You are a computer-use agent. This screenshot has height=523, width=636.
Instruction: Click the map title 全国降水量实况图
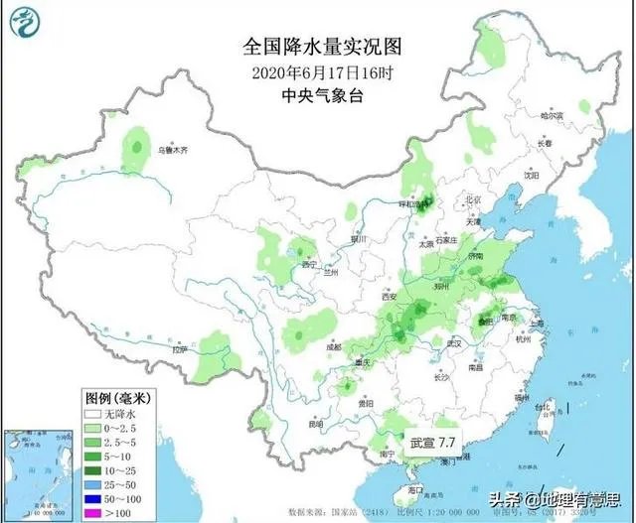tap(317, 47)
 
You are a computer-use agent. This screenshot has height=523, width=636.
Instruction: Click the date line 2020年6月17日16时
tap(317, 71)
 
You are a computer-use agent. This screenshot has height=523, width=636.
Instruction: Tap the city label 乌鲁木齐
tap(170, 152)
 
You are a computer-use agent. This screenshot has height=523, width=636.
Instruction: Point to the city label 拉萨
tap(179, 349)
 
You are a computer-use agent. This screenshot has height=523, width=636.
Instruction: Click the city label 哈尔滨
tap(552, 116)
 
